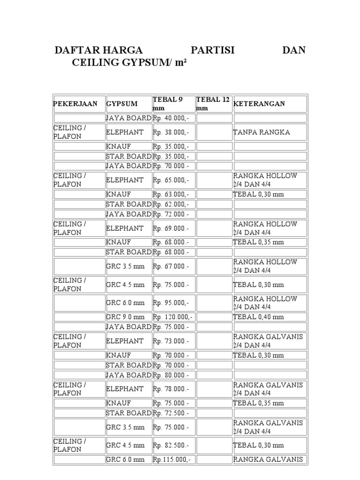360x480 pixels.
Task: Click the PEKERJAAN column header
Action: (x=75, y=104)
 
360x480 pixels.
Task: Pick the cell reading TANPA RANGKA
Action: (x=262, y=132)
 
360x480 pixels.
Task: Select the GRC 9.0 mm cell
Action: (x=125, y=317)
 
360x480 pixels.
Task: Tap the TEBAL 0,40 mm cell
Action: (x=258, y=317)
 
